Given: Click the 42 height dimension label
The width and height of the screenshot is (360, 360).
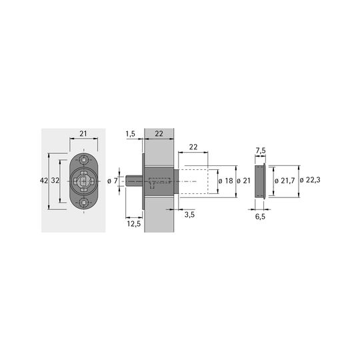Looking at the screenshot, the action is coord(44,181).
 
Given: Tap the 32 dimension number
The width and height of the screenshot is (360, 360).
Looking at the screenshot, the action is coord(55,181).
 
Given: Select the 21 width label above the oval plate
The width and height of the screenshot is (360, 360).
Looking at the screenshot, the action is coord(83,133).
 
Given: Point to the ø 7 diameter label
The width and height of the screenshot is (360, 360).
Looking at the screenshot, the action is coord(113,181).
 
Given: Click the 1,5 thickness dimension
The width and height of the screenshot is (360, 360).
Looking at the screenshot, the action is coord(131,134).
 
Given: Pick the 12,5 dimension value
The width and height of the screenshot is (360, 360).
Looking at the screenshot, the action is coord(134,223).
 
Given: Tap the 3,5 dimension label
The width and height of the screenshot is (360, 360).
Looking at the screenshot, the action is coord(189,215).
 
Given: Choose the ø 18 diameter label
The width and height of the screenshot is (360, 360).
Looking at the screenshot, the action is coord(226,181).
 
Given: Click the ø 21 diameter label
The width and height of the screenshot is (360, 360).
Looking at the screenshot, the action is coord(243,181).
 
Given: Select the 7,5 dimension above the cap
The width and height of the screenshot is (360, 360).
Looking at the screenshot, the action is coord(261,151).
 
